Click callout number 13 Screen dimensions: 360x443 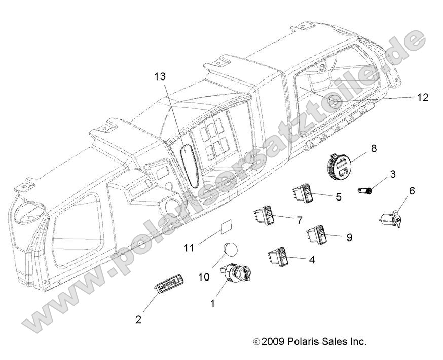(160, 77)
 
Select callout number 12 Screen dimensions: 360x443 (423, 97)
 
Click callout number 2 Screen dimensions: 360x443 (138, 319)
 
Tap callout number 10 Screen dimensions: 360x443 (204, 277)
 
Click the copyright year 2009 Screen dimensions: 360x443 (272, 342)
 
